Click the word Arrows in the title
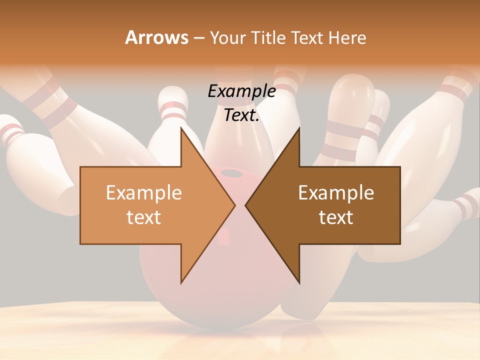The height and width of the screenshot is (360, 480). click(156, 38)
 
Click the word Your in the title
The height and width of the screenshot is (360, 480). click(227, 38)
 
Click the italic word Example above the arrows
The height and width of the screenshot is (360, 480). click(241, 91)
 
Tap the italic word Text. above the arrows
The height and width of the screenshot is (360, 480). click(241, 115)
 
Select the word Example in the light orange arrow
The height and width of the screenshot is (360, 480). click(143, 192)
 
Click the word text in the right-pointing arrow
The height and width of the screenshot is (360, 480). click(143, 217)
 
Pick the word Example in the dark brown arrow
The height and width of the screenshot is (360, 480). click(336, 192)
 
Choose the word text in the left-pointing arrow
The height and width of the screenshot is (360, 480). click(336, 217)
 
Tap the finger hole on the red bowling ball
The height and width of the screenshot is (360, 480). click(231, 173)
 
